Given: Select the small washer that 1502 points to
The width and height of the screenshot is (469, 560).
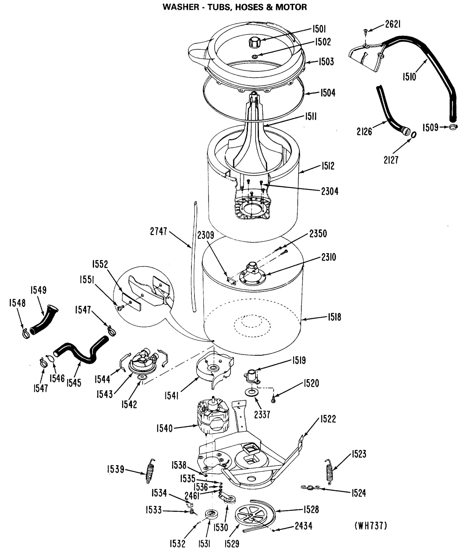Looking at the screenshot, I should pos(255,56).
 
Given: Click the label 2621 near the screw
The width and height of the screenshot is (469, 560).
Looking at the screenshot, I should pos(393,24).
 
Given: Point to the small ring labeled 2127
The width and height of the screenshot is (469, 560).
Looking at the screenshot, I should pos(413,135).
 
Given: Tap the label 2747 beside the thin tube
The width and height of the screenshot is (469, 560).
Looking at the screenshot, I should pos(159,231).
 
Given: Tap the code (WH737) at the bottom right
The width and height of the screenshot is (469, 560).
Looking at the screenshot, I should pos(371,526).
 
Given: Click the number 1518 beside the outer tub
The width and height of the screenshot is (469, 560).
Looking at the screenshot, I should pos(334,317).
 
